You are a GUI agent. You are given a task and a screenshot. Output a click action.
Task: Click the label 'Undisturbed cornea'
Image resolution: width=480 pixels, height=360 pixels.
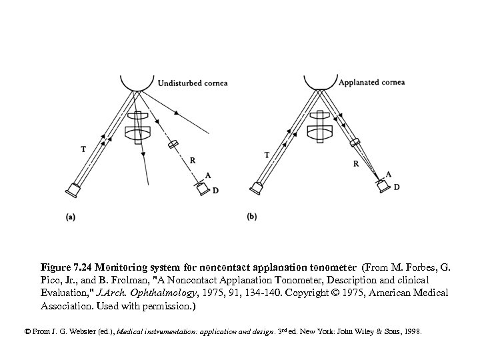193,83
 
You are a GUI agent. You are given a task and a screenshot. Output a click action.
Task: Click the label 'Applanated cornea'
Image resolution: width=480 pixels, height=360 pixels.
371,83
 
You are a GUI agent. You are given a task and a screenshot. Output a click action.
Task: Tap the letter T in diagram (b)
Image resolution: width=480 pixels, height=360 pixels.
267,155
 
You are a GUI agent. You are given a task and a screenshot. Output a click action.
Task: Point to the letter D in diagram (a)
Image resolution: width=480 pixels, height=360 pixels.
215,191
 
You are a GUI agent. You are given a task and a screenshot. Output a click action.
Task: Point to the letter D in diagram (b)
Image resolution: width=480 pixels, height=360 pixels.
397,187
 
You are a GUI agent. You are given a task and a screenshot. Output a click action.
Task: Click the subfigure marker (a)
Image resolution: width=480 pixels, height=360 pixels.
70,216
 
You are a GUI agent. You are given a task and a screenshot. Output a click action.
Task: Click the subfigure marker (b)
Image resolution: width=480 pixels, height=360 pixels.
252,216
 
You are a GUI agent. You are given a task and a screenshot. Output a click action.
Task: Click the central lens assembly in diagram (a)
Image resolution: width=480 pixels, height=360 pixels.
137,127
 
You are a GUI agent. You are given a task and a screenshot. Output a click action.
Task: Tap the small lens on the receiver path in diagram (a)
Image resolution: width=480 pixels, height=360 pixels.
174,144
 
